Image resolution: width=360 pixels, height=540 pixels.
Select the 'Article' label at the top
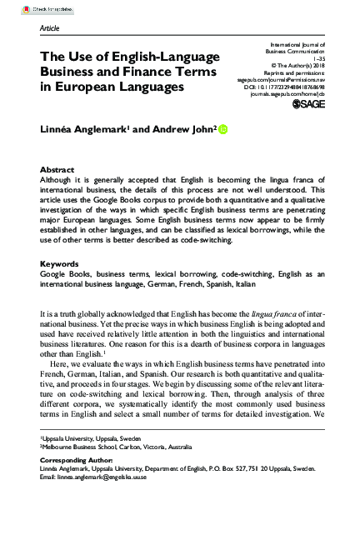click(x=50, y=28)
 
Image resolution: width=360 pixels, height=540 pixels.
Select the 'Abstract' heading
click(x=57, y=169)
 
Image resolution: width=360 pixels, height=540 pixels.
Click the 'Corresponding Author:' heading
click(x=77, y=460)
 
